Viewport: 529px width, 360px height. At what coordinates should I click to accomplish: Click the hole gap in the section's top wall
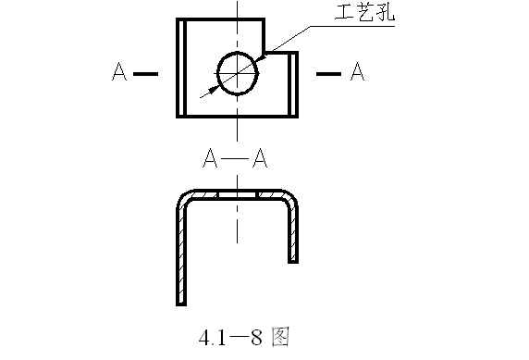point(237,194)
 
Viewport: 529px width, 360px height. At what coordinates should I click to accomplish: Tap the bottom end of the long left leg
point(181,302)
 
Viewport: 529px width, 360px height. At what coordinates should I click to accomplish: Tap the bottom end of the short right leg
point(294,261)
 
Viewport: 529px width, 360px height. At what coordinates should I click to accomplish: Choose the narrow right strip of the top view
point(294,84)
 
